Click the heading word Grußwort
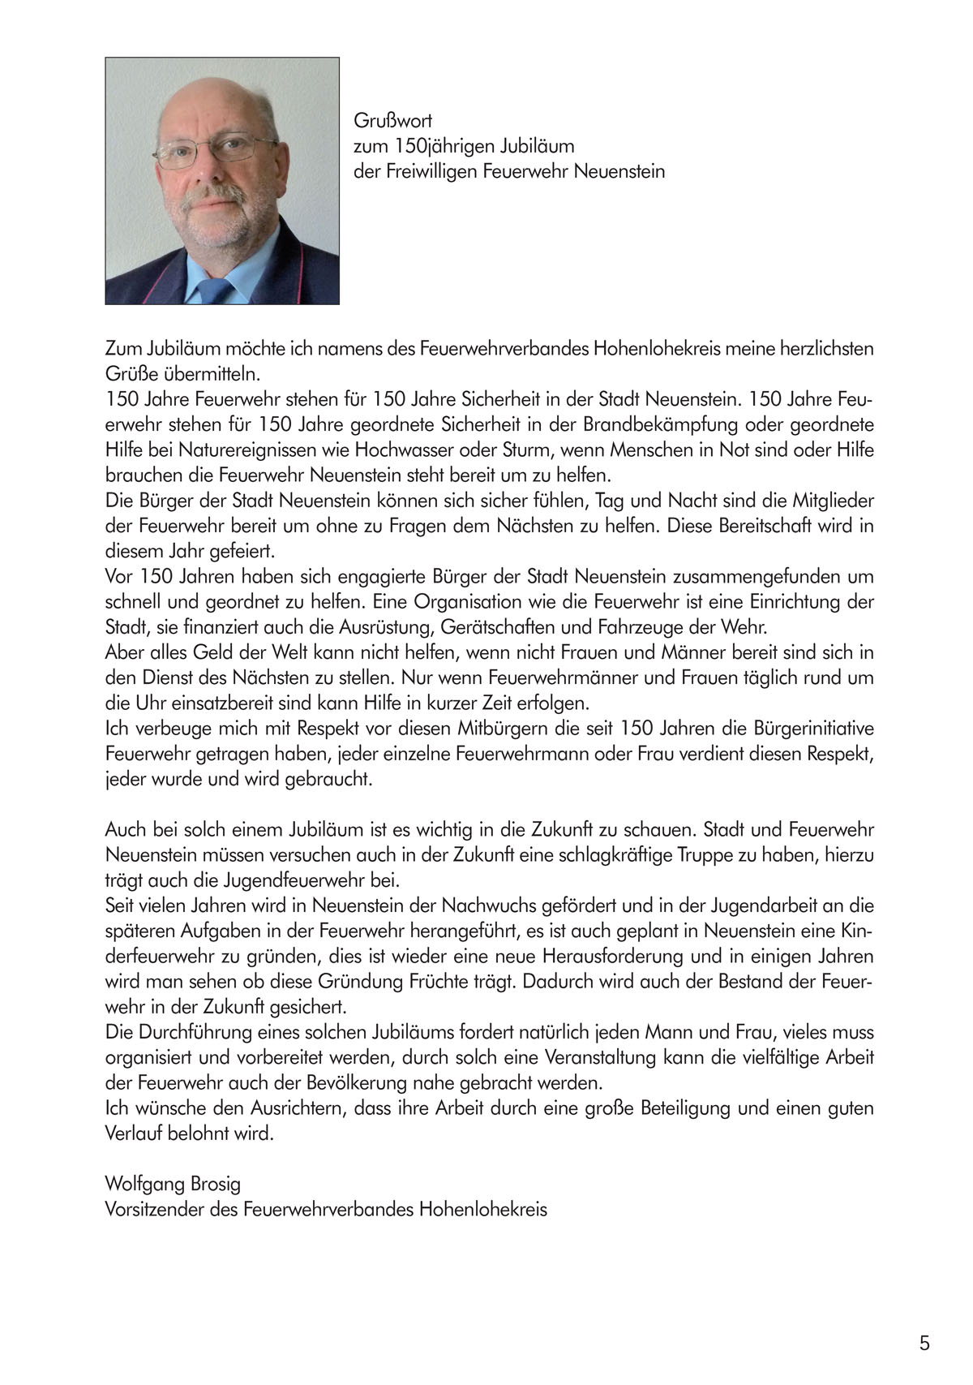[392, 122]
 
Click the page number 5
[924, 1344]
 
